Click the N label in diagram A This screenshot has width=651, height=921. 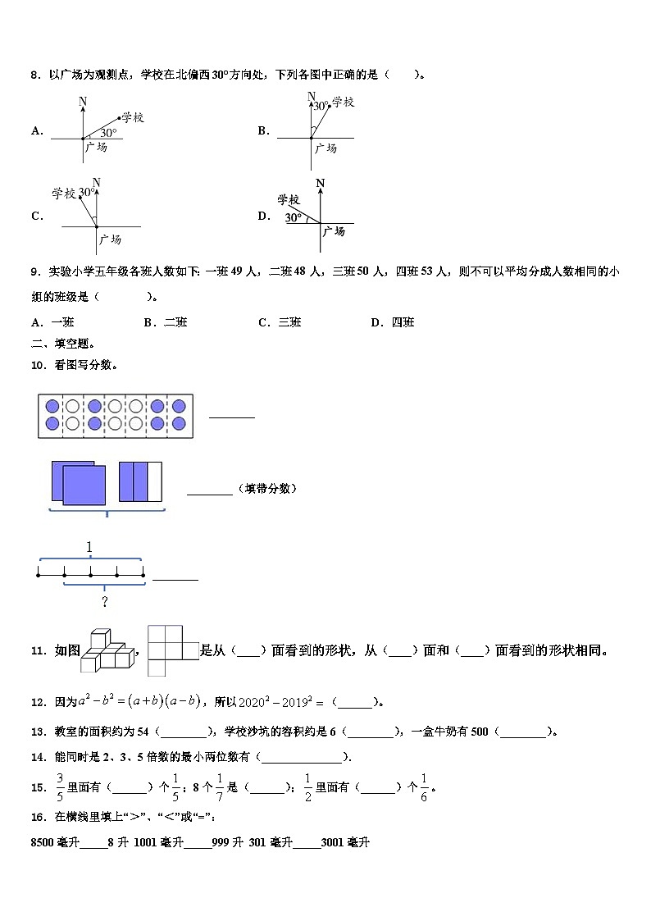(x=83, y=102)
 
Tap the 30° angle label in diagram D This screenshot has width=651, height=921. (x=293, y=217)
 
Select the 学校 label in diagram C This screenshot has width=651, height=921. (x=63, y=194)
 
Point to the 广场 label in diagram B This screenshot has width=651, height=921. (x=325, y=148)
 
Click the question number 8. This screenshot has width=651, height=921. (x=35, y=75)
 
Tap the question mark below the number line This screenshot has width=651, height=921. (x=105, y=603)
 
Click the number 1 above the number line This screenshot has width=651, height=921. (x=89, y=548)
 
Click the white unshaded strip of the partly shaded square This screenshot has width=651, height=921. (x=154, y=481)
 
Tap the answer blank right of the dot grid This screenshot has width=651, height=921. (x=232, y=416)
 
